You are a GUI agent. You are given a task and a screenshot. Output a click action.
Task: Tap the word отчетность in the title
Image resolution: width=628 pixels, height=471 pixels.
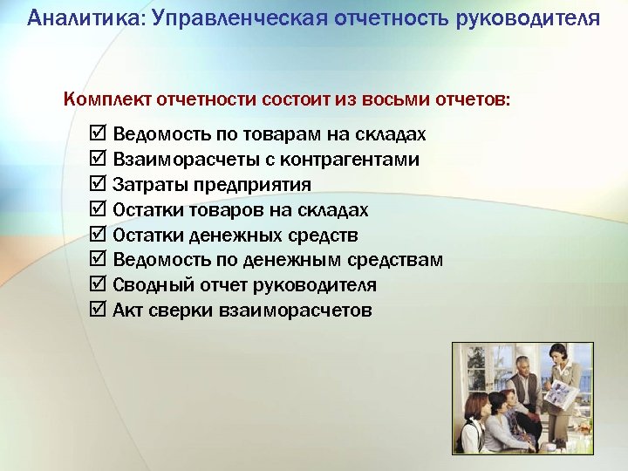390,18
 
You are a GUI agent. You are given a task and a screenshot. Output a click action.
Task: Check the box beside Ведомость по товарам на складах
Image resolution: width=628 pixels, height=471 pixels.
98,134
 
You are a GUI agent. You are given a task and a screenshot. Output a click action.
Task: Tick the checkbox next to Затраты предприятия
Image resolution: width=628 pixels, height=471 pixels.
98,185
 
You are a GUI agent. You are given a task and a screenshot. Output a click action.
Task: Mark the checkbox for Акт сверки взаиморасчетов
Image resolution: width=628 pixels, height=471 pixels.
98,311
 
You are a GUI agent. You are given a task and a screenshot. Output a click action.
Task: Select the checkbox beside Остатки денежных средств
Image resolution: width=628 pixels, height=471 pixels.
98,235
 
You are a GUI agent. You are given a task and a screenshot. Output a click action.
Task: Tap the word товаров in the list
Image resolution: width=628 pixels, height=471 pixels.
218,210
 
